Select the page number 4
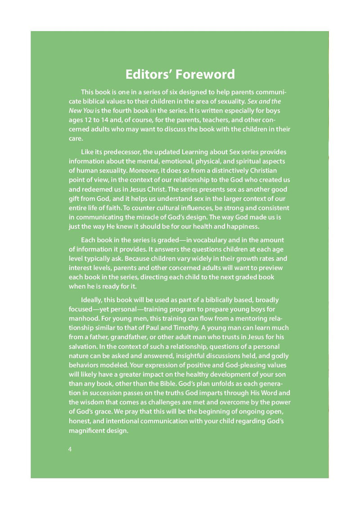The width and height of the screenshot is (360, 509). click(70, 449)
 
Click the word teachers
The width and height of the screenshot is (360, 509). click(207, 120)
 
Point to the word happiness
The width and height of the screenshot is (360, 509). click(238, 226)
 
